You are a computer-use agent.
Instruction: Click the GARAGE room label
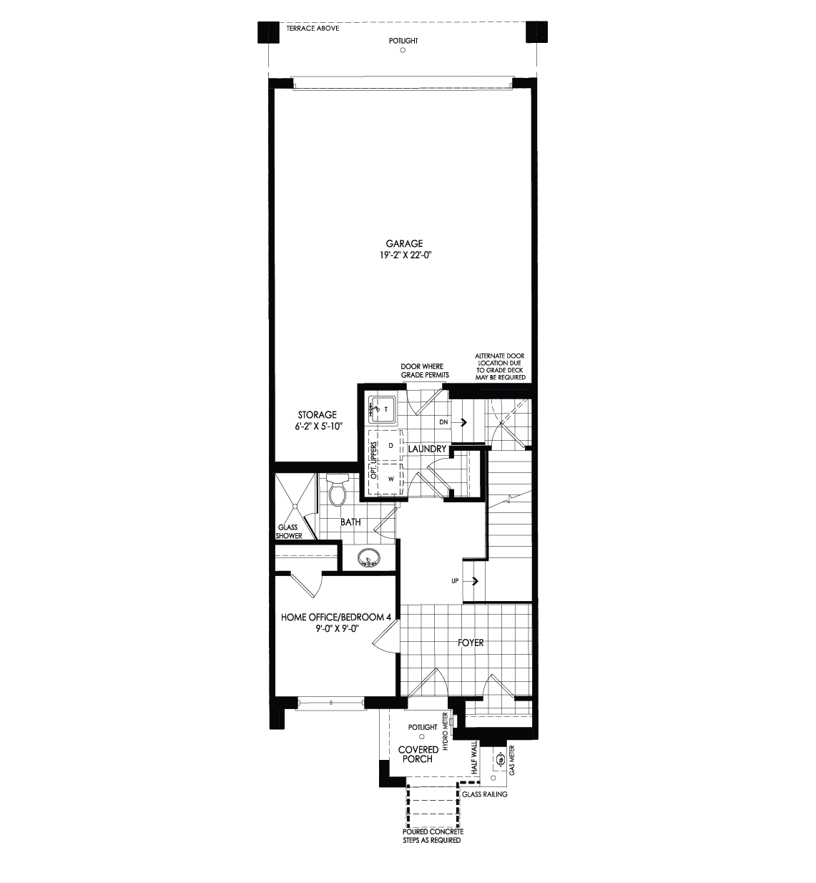(404, 244)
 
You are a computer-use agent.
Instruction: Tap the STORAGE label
(317, 415)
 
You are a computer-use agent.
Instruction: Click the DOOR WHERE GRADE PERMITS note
(426, 371)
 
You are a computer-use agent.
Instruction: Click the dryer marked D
(390, 446)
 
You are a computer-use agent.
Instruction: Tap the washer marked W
(390, 478)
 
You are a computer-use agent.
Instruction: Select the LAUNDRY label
(428, 449)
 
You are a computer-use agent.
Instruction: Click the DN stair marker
(443, 422)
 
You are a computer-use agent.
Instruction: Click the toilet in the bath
(337, 491)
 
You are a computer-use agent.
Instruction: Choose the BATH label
(350, 522)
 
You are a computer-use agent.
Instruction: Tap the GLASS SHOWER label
(289, 531)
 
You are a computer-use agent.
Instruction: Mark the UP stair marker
(455, 580)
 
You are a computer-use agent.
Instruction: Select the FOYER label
(471, 643)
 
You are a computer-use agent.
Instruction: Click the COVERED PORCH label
(418, 754)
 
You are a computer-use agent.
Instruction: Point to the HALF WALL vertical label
(473, 758)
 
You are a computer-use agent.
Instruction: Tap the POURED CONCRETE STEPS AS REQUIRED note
(432, 836)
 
